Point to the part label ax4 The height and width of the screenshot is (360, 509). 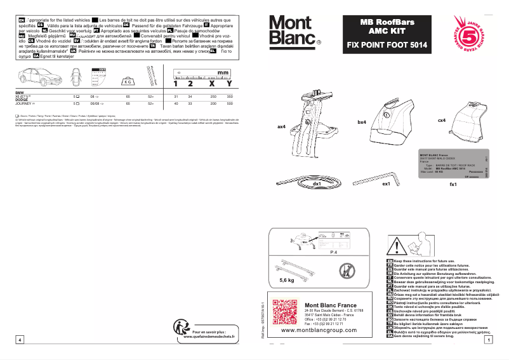[x=282, y=126]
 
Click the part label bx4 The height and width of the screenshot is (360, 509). [x=362, y=121]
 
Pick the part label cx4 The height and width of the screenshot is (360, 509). [x=441, y=120]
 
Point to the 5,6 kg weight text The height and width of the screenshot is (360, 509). [x=287, y=279]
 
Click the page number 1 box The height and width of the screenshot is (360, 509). [x=488, y=340]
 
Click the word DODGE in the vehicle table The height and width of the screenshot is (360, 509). [x=22, y=98]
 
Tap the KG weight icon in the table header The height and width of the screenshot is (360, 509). [x=128, y=81]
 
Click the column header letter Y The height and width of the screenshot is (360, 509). [x=228, y=83]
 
